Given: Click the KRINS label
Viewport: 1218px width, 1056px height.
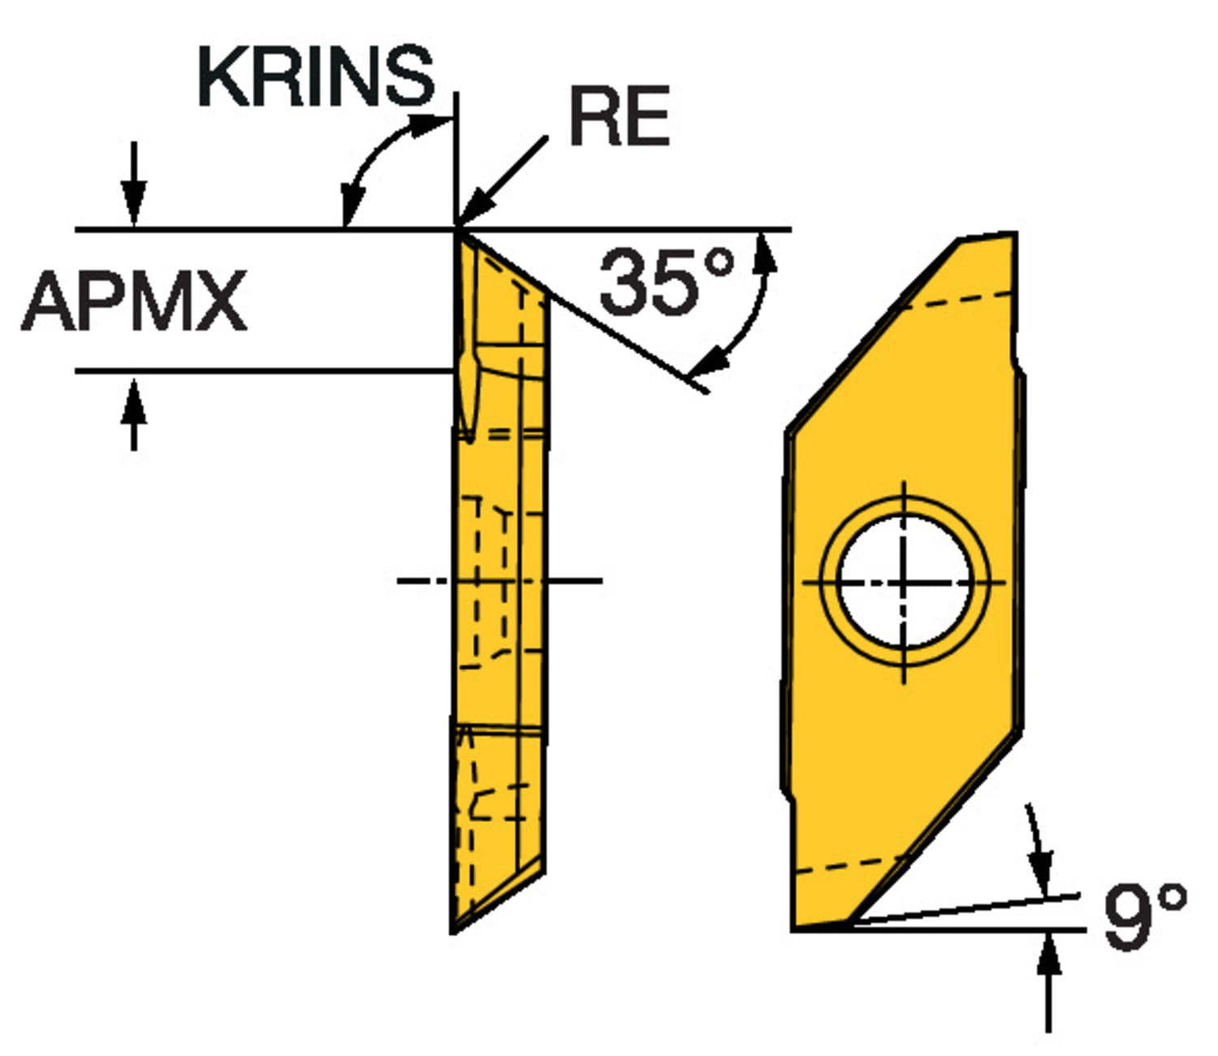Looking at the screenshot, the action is pyautogui.click(x=317, y=76).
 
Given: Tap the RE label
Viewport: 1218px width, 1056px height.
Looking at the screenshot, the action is pyautogui.click(x=620, y=115).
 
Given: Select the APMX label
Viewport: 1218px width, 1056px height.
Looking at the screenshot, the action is pyautogui.click(x=134, y=301).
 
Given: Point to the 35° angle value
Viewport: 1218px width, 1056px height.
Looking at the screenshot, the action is pyautogui.click(x=667, y=282).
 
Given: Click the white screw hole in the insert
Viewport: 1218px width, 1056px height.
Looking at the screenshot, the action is pyautogui.click(x=904, y=582).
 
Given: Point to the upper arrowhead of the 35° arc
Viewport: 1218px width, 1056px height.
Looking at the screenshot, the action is pyautogui.click(x=765, y=253).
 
